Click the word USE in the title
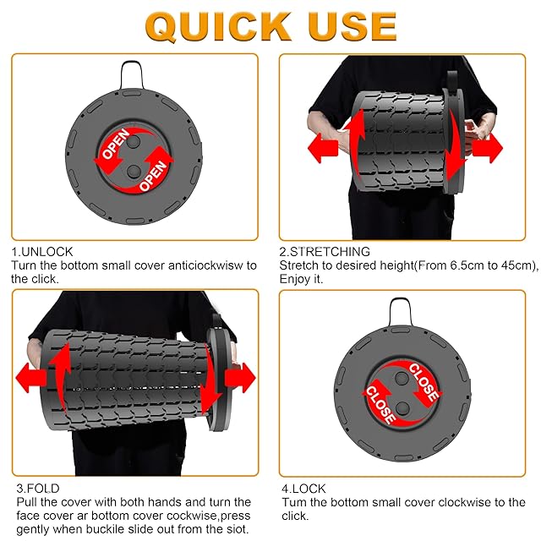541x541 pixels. coord(352,26)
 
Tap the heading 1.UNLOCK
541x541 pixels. coord(42,252)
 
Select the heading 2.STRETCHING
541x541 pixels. coord(325,252)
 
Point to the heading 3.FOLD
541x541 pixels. coord(38,489)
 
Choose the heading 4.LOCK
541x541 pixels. coord(303,489)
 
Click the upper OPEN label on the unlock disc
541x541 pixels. coord(115,145)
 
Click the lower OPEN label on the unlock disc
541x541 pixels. coord(153,176)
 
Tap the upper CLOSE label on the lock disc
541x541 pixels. coord(424,381)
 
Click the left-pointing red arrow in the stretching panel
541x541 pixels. coord(323,148)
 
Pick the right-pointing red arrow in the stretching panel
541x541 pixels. coord(487,148)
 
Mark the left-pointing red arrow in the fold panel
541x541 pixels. coord(31,378)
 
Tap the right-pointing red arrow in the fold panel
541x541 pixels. coord(240,378)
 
